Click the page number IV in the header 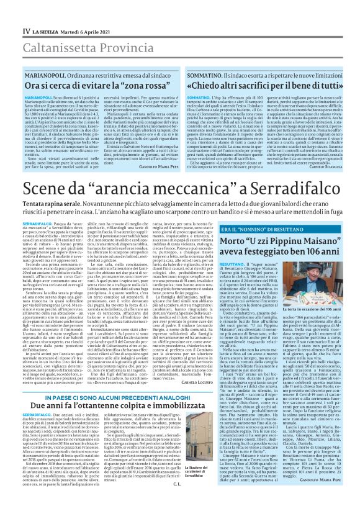click(x=8, y=12)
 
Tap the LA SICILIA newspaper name click(x=30, y=12)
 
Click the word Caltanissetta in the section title click(x=39, y=29)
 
